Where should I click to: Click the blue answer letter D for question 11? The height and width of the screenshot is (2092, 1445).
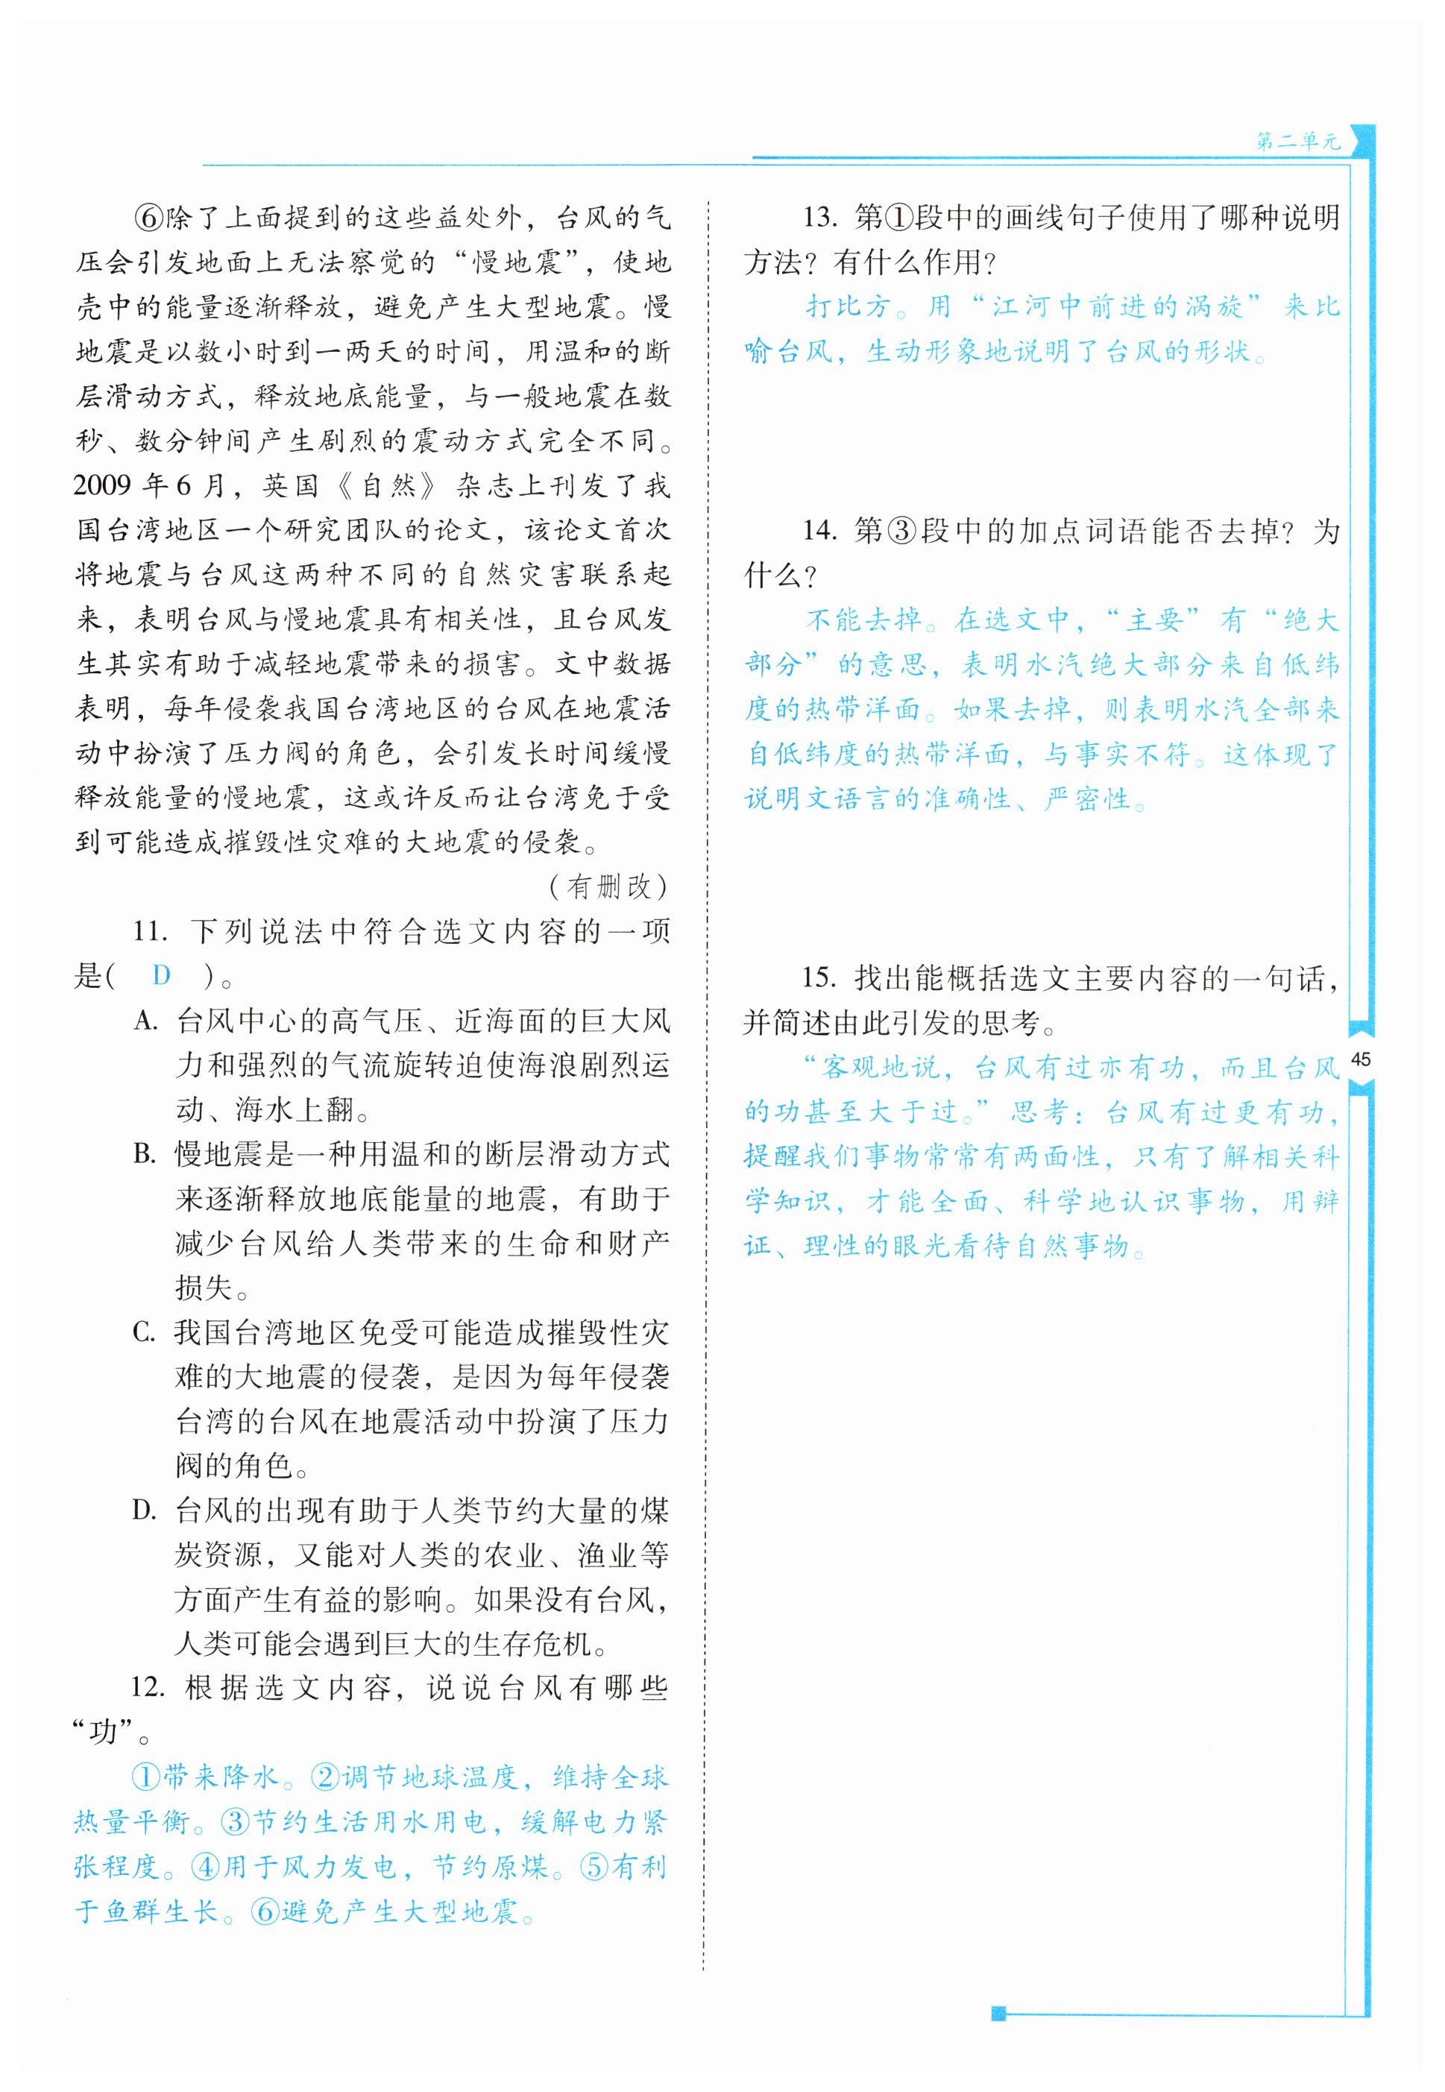pyautogui.click(x=161, y=975)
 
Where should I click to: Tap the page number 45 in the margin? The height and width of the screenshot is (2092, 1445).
pyautogui.click(x=1360, y=1059)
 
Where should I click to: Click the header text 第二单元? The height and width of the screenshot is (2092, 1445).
pyautogui.click(x=1297, y=141)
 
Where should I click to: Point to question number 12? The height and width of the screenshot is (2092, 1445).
pyautogui.click(x=148, y=1687)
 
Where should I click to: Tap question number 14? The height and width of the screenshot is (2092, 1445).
pyautogui.click(x=819, y=531)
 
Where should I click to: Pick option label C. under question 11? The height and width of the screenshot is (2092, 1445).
pyautogui.click(x=145, y=1332)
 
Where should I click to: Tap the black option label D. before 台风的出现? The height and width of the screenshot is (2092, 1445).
pyautogui.click(x=145, y=1510)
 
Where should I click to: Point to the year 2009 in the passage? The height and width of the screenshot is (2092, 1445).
pyautogui.click(x=102, y=485)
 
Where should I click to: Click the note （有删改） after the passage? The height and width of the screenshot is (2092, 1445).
pyautogui.click(x=608, y=886)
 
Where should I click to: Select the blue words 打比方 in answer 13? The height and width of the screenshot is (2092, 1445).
pyautogui.click(x=849, y=307)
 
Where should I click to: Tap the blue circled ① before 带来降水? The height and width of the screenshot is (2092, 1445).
pyautogui.click(x=146, y=1777)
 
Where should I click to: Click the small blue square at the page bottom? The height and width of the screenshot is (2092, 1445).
pyautogui.click(x=998, y=2013)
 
